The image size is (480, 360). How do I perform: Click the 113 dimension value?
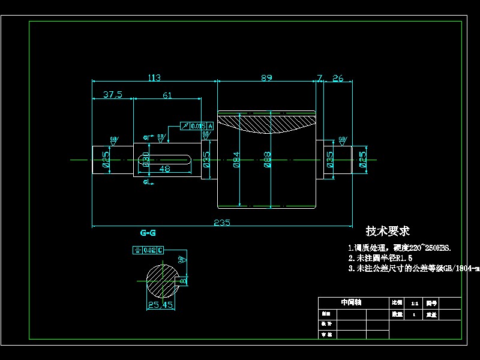(154, 77)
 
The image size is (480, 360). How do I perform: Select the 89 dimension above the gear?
(267, 77)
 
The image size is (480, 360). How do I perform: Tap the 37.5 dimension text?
(112, 94)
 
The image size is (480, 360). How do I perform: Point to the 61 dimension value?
(167, 94)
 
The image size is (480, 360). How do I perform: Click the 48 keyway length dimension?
(164, 169)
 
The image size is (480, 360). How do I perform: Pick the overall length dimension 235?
(222, 222)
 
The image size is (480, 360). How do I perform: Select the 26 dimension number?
(338, 77)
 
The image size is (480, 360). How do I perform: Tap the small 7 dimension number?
(320, 77)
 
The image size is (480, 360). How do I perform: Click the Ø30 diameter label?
(146, 160)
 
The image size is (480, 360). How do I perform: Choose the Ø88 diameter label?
(268, 160)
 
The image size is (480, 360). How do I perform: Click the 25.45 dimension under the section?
(160, 305)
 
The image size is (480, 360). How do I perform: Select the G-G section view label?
(148, 232)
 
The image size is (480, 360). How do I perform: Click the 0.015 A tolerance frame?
(197, 125)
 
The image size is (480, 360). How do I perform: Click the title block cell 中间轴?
(351, 302)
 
